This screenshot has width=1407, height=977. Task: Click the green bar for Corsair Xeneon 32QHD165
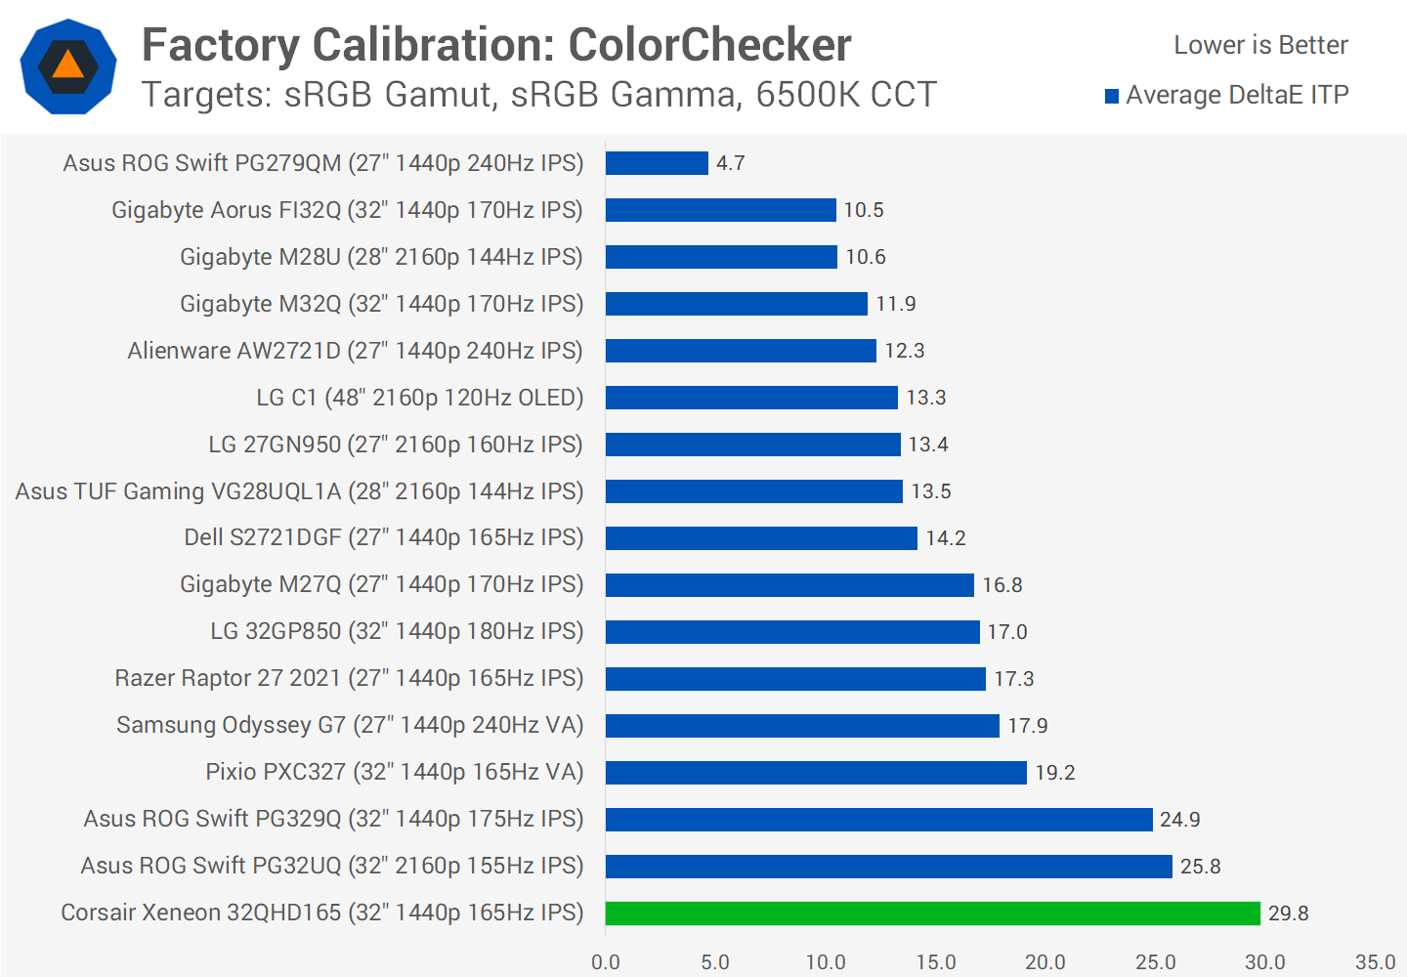pos(932,913)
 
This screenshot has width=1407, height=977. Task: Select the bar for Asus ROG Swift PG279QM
pos(657,163)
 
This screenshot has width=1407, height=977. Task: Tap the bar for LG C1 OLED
pos(751,398)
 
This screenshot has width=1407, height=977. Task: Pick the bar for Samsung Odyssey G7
pos(802,726)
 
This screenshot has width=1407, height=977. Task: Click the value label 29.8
pos(1288,913)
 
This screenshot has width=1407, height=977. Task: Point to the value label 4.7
pos(730,163)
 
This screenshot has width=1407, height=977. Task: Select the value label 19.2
pos(1054,773)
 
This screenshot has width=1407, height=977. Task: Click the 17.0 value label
pos(1006,632)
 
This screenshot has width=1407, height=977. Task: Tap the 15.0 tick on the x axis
pos(935,962)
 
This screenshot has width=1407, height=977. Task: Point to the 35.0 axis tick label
pos(1375,962)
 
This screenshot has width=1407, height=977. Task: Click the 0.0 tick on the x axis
pos(606,962)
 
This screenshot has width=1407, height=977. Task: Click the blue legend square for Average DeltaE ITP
pos(1112,96)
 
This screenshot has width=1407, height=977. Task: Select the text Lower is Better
pos(1260,45)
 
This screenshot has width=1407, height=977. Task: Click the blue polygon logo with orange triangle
pos(68,66)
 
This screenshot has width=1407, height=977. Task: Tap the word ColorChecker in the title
pos(709,45)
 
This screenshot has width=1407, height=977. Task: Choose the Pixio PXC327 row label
pos(394,772)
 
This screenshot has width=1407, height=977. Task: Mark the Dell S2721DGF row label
pos(383,537)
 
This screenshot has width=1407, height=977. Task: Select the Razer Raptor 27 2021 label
pos(349,678)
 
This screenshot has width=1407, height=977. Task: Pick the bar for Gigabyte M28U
pos(721,257)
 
